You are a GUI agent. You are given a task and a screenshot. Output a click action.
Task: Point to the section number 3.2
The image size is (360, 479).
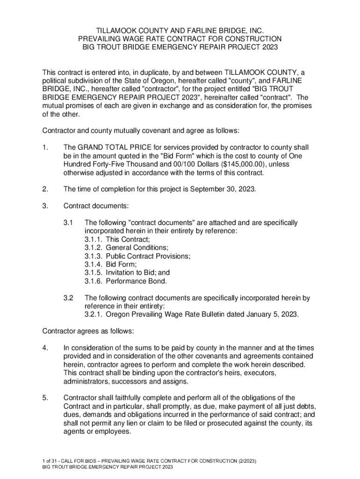69,298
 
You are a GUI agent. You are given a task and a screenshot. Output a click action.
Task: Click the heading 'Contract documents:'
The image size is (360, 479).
96,206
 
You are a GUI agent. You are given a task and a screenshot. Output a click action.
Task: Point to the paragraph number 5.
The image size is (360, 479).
45,398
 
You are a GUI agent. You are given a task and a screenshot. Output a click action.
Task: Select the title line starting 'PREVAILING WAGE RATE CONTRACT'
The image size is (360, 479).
180,38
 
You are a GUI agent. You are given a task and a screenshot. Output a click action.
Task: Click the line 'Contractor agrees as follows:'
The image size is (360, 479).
88,331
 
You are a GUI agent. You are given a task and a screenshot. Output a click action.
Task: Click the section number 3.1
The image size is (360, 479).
69,223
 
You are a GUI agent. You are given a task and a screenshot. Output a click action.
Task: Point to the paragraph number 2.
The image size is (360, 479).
45,189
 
